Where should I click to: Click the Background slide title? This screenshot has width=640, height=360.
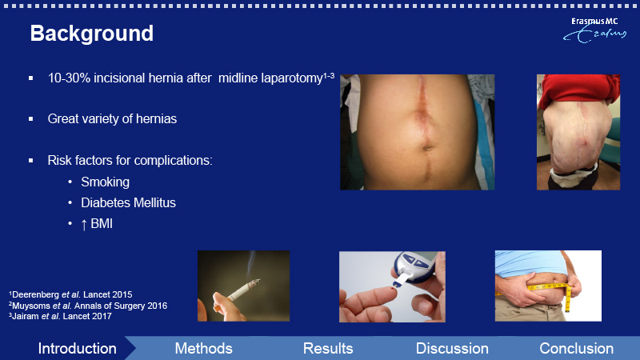pos(92,34)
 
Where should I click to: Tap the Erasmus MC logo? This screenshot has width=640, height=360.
pos(594,30)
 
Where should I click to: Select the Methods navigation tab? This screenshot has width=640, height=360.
pos(204,349)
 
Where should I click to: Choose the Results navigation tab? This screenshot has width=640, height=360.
pos(328,349)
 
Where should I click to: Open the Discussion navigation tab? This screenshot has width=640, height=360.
pos(452,349)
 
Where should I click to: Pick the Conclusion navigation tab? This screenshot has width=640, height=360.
pos(576,349)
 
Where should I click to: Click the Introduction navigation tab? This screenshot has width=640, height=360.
pos(77,349)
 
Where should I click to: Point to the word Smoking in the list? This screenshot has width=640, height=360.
pos(105,182)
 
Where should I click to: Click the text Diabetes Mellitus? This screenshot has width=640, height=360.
pos(128,203)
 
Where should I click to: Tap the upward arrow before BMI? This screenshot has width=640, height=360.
pos(84,225)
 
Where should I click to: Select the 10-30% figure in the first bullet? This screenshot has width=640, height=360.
pos(69,78)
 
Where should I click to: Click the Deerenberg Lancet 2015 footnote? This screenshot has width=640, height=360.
pos(70,294)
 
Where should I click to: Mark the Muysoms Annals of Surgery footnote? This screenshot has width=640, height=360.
pos(88,306)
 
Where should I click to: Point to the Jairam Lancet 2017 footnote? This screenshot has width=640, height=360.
pos(60,316)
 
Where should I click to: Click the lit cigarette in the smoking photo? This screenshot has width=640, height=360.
pos(243,289)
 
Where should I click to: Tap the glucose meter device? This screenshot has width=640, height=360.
pos(413,268)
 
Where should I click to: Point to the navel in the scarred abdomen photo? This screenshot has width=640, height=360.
pos(427,147)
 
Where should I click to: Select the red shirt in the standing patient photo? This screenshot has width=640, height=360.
pos(579,90)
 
